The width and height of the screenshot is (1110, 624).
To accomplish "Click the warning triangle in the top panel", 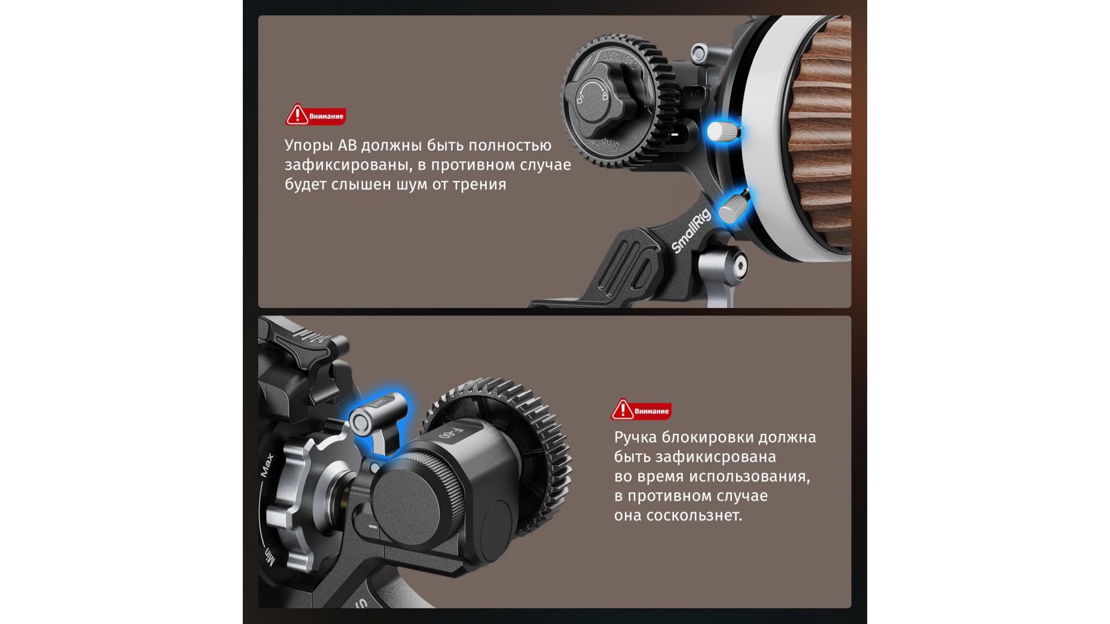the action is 297,114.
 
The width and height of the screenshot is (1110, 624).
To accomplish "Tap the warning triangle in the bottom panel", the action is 623,409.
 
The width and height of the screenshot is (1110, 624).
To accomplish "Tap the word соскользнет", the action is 694,515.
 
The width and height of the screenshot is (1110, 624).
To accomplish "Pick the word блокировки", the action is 709,437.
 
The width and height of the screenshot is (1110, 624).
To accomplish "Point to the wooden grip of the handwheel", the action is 821,133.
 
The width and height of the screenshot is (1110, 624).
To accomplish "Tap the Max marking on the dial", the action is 267,466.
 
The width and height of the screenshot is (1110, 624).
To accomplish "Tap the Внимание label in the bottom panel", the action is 652,411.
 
